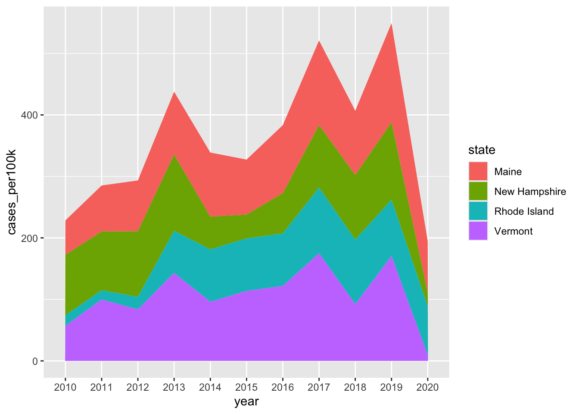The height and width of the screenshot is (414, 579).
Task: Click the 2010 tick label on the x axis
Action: [x=65, y=387]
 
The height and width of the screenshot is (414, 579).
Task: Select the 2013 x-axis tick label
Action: [x=174, y=387]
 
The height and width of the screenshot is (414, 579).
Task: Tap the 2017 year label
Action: [x=319, y=387]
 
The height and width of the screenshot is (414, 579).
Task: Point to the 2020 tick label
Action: [x=428, y=387]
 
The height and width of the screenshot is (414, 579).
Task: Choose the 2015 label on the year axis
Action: [x=246, y=387]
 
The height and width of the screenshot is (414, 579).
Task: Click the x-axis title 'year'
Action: [x=246, y=402]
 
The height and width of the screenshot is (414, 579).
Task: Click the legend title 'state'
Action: [x=482, y=150]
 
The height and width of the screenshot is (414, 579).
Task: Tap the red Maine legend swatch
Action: [x=478, y=171]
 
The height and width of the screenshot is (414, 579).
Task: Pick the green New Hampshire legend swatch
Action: [x=478, y=191]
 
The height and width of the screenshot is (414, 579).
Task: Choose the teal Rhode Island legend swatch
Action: [x=478, y=211]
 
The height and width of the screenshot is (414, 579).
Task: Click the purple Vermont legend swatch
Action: [x=478, y=231]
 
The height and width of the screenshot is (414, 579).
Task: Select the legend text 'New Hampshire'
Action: [x=530, y=191]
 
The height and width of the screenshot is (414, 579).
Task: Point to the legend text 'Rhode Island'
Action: [x=524, y=211]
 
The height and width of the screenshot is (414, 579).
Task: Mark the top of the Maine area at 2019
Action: [x=391, y=23]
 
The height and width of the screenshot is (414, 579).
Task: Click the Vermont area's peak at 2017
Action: [x=319, y=253]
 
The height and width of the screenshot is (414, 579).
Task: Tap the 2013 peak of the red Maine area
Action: [x=174, y=92]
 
